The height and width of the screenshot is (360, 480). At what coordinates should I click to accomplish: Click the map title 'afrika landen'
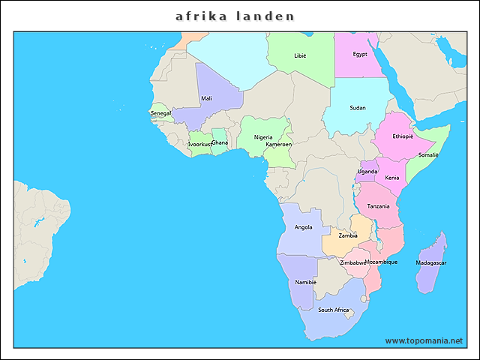pyautogui.click(x=235, y=16)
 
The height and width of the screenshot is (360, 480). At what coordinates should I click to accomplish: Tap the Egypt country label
pyautogui.click(x=360, y=54)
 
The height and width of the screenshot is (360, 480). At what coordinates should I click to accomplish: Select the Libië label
pyautogui.click(x=300, y=55)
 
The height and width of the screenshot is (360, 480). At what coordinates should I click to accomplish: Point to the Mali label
pyautogui.click(x=206, y=98)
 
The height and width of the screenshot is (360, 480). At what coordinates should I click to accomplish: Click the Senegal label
pyautogui.click(x=160, y=113)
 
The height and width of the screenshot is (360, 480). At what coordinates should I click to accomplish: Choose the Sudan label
pyautogui.click(x=358, y=108)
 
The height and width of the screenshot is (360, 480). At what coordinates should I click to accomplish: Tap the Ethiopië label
pyautogui.click(x=403, y=136)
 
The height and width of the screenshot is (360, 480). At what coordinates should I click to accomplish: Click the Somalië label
pyautogui.click(x=428, y=154)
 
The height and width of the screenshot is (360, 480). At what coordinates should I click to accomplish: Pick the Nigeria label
pyautogui.click(x=263, y=137)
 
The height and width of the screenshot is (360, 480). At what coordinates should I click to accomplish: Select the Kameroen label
pyautogui.click(x=278, y=144)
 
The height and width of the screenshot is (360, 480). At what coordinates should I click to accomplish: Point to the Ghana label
pyautogui.click(x=220, y=142)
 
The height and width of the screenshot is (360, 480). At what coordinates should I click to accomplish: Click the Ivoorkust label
pyautogui.click(x=200, y=144)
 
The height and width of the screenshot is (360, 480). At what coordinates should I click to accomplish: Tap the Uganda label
pyautogui.click(x=367, y=171)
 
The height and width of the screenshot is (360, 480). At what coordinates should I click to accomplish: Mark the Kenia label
pyautogui.click(x=391, y=178)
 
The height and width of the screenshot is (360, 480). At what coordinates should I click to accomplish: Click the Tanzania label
pyautogui.click(x=378, y=206)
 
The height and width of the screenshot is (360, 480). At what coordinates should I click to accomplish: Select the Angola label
pyautogui.click(x=304, y=226)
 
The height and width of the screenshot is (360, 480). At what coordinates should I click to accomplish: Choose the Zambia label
pyautogui.click(x=348, y=235)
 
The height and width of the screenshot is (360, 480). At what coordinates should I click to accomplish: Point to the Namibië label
pyautogui.click(x=306, y=282)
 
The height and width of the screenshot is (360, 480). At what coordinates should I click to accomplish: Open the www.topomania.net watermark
pyautogui.click(x=424, y=340)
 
